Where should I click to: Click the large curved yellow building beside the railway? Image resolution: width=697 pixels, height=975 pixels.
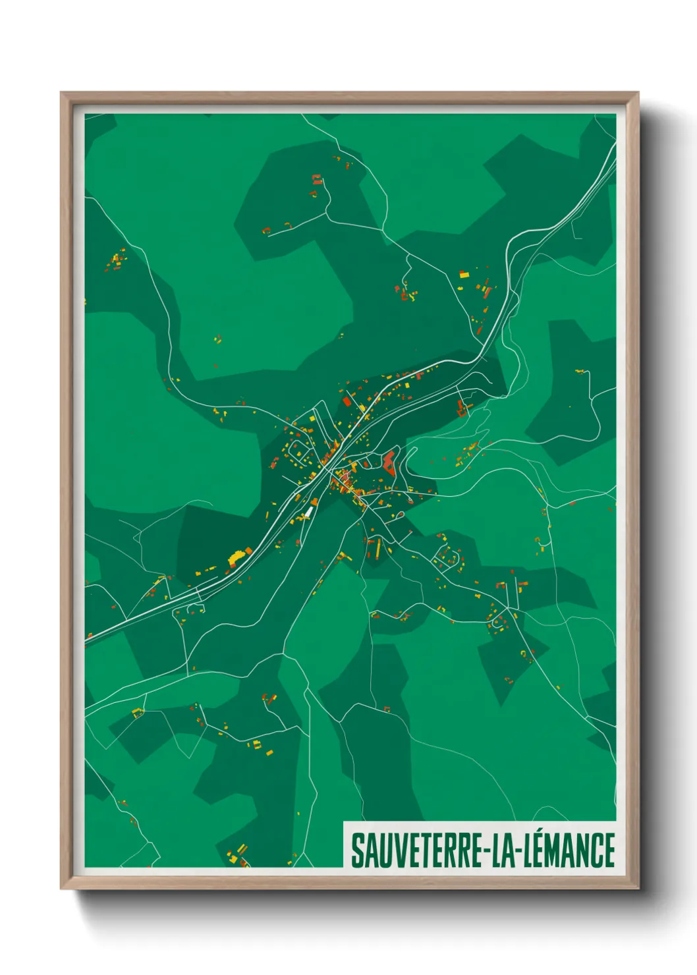click(x=235, y=558)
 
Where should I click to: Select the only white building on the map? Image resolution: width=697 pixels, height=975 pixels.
click(x=308, y=511)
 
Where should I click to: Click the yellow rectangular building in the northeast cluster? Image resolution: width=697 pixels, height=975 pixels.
click(x=464, y=273)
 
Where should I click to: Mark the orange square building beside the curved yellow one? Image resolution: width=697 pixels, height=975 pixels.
click(x=248, y=550)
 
